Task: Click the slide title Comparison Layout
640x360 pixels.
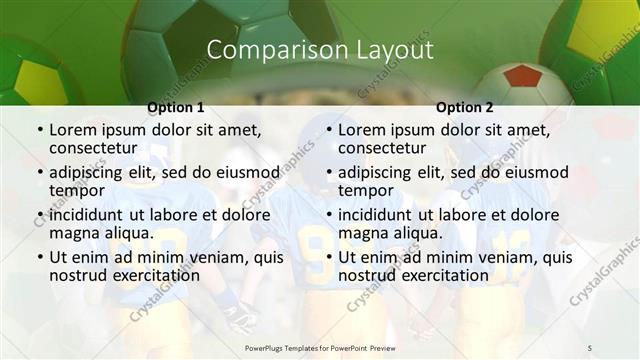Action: [320, 50]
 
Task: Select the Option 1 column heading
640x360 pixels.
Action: [176, 107]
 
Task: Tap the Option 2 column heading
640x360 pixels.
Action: [464, 107]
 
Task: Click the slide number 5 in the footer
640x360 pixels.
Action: [589, 346]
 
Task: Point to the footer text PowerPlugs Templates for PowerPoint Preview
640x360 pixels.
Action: [320, 346]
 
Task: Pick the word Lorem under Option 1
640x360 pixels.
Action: [73, 130]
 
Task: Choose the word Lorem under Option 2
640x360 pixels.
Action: [361, 130]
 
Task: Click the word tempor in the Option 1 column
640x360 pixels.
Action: [77, 190]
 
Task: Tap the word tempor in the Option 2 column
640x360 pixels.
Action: [365, 190]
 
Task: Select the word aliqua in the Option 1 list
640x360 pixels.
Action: [130, 233]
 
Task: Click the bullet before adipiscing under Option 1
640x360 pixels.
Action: [39, 172]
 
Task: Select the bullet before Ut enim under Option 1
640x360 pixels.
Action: [39, 258]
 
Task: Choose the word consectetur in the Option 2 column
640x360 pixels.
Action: [384, 148]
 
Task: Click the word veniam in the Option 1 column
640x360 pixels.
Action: [214, 257]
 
